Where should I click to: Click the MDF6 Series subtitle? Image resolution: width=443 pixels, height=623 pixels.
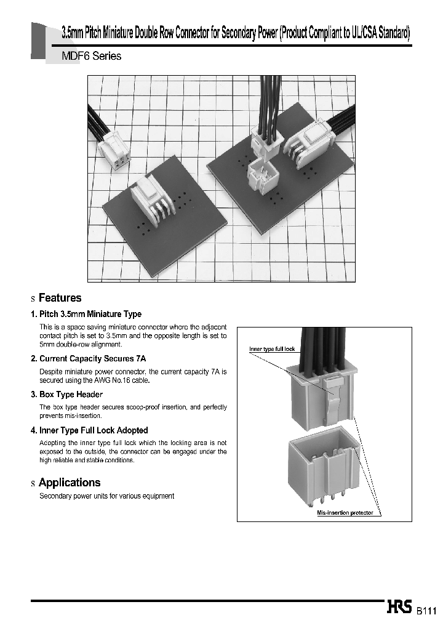92,56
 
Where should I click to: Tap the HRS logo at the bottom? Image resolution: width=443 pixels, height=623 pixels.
401,608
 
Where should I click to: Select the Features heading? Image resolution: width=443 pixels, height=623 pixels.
60,298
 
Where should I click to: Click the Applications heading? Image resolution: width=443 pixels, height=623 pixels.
69,483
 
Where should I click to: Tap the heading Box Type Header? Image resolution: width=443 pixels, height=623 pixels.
71,394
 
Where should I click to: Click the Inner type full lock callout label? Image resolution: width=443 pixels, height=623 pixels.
272,349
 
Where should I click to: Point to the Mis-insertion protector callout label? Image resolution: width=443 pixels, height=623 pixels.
345,512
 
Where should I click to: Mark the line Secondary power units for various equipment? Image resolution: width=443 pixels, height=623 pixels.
106,496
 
